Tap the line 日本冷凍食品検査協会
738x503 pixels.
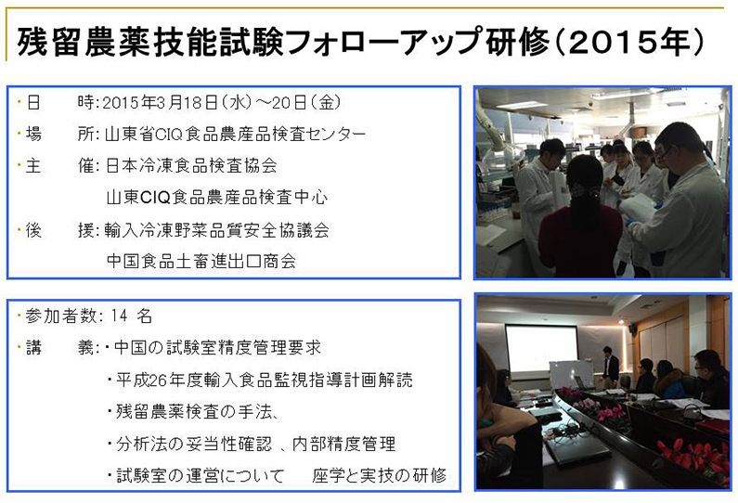[191, 165]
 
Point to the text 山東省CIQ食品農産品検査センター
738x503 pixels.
[235, 134]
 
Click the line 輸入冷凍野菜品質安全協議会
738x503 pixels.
[217, 230]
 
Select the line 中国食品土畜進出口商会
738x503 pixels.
[201, 261]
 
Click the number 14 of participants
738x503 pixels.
[120, 316]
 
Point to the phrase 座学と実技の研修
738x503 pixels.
[379, 475]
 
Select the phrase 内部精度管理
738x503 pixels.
[344, 444]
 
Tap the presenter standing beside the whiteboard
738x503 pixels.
[610, 364]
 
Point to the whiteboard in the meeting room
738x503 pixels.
[571, 374]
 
